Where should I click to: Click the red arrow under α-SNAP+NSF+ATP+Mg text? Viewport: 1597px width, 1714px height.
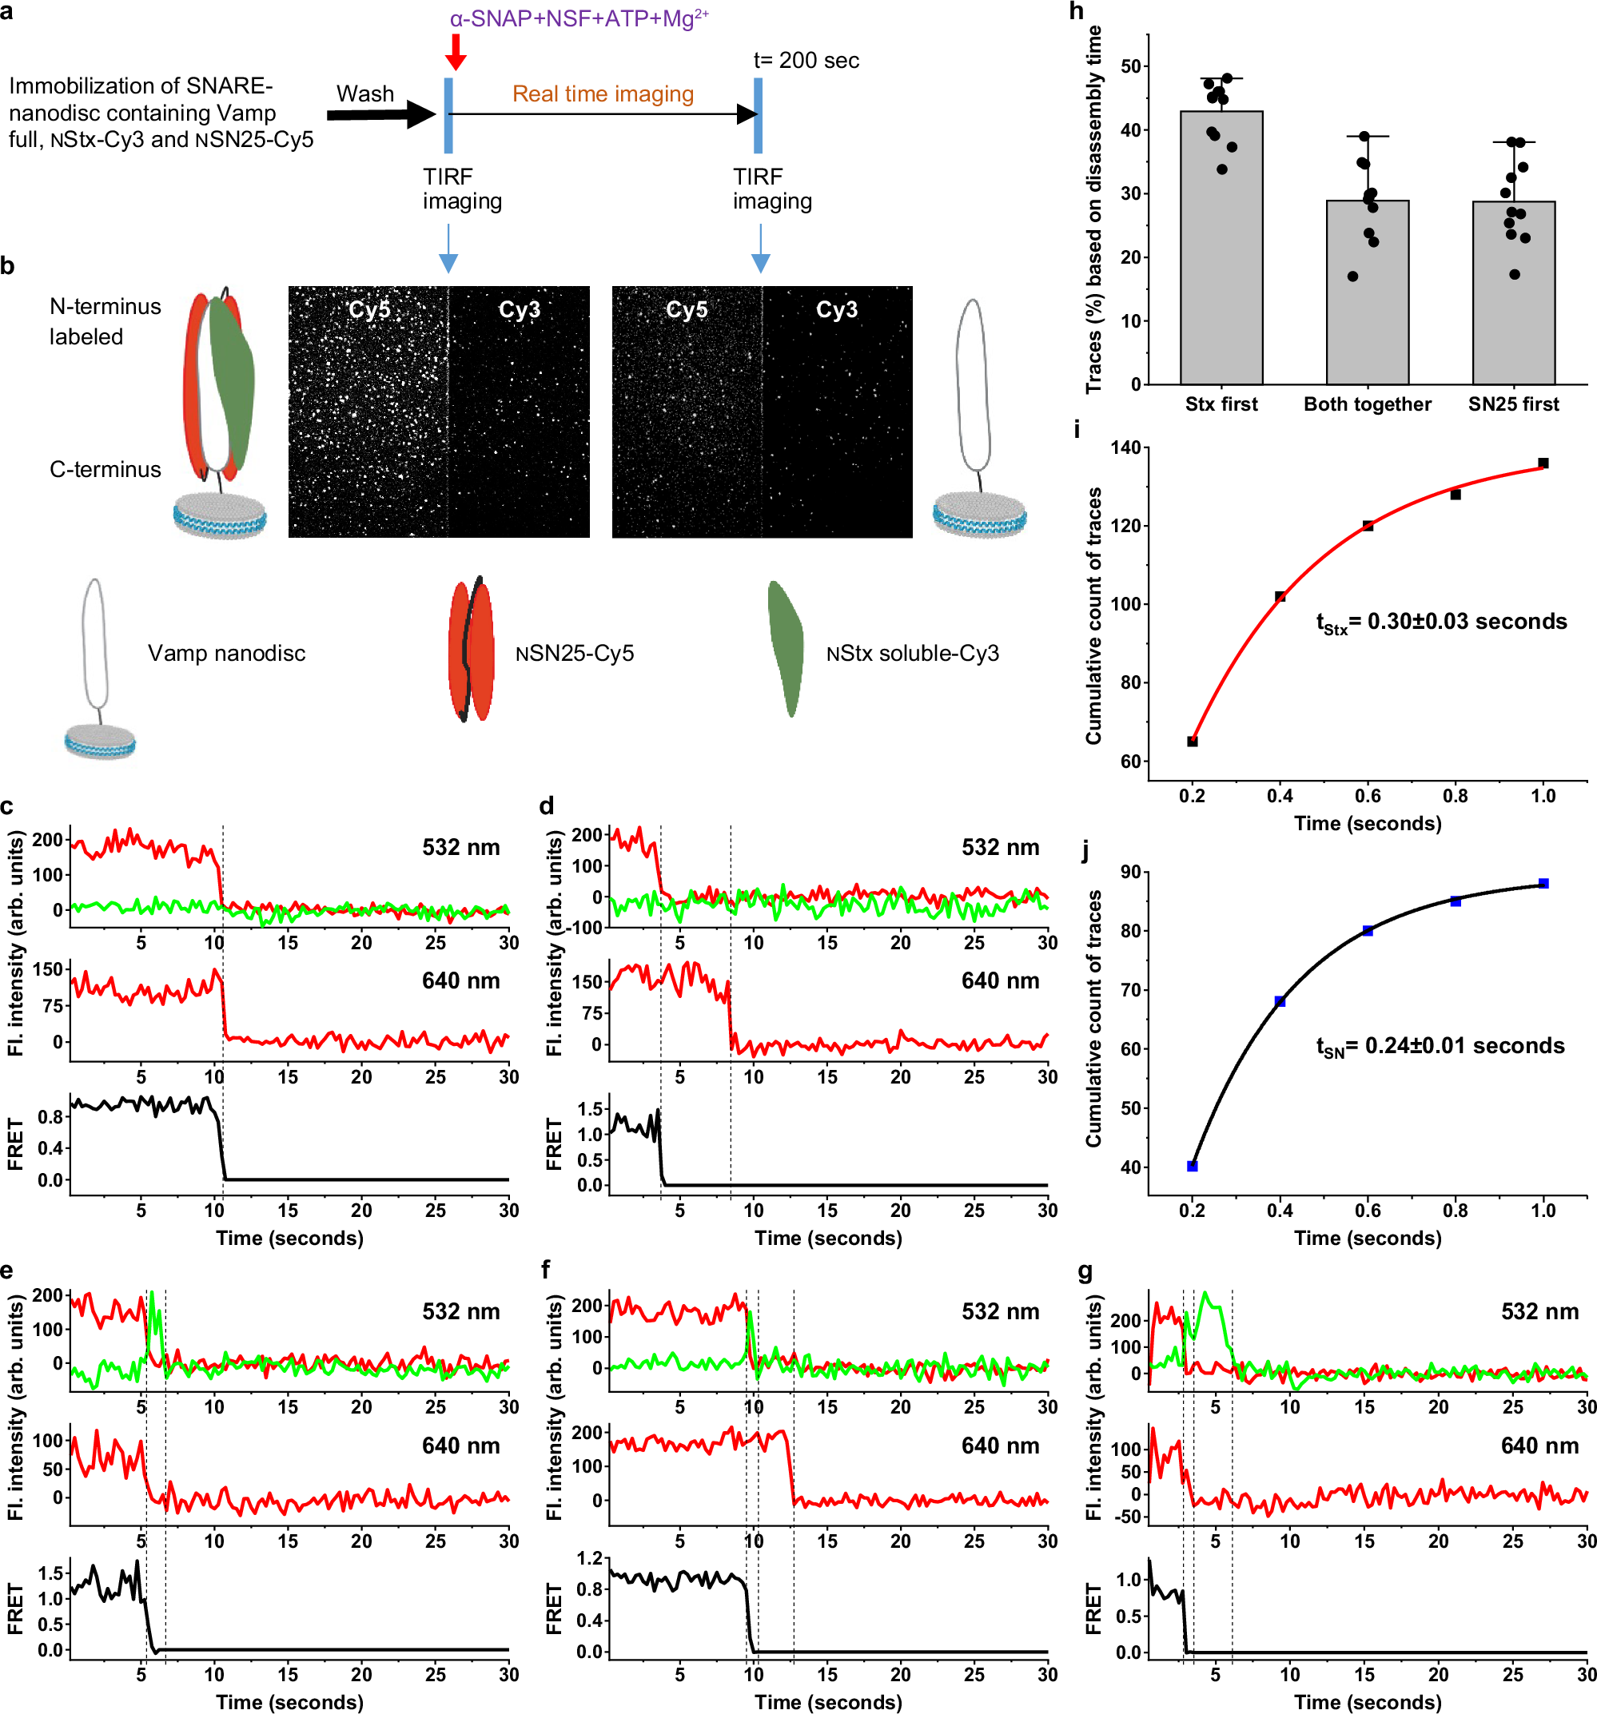point(456,52)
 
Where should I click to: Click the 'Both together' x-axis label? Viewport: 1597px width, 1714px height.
point(1367,404)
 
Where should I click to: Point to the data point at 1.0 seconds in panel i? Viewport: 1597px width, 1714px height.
point(1543,463)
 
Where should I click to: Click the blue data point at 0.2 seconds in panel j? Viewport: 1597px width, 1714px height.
point(1192,1166)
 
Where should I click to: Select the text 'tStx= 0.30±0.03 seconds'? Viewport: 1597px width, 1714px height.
point(1440,622)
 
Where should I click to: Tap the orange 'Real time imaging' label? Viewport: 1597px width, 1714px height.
point(603,94)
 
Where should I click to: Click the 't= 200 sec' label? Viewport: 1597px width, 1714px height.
point(806,61)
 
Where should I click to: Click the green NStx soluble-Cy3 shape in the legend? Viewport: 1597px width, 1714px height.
point(785,648)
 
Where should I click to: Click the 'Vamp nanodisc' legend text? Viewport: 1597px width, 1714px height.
point(226,654)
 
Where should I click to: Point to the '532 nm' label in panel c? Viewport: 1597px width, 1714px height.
point(460,848)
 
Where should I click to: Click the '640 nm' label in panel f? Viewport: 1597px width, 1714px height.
point(999,1446)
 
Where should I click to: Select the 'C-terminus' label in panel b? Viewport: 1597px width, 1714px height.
point(106,470)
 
